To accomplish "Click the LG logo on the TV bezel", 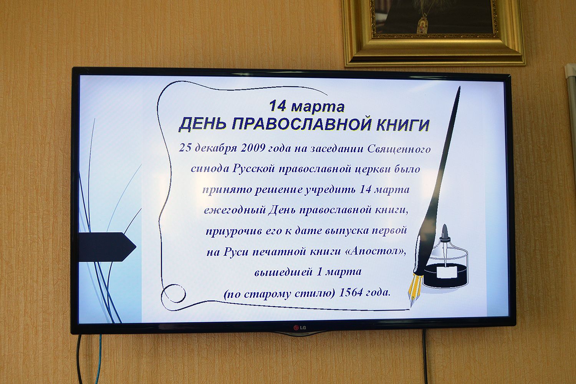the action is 300,328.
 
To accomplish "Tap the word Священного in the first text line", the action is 399,149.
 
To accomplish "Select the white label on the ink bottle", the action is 447,272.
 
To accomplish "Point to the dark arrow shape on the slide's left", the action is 107,247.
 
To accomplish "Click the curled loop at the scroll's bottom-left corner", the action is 173,293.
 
